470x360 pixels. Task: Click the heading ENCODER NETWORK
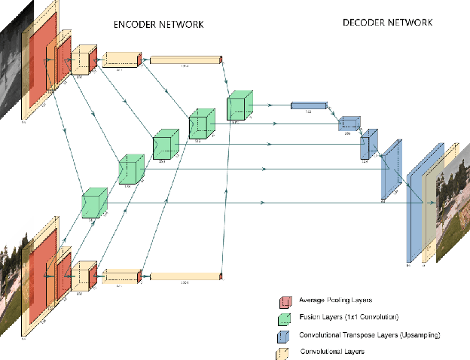[x=158, y=25]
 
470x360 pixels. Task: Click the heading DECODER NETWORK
[x=387, y=23]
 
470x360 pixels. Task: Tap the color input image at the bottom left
[x=9, y=286]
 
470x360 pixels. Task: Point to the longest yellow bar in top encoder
[x=185, y=59]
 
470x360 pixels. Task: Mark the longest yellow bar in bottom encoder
[x=185, y=276]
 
